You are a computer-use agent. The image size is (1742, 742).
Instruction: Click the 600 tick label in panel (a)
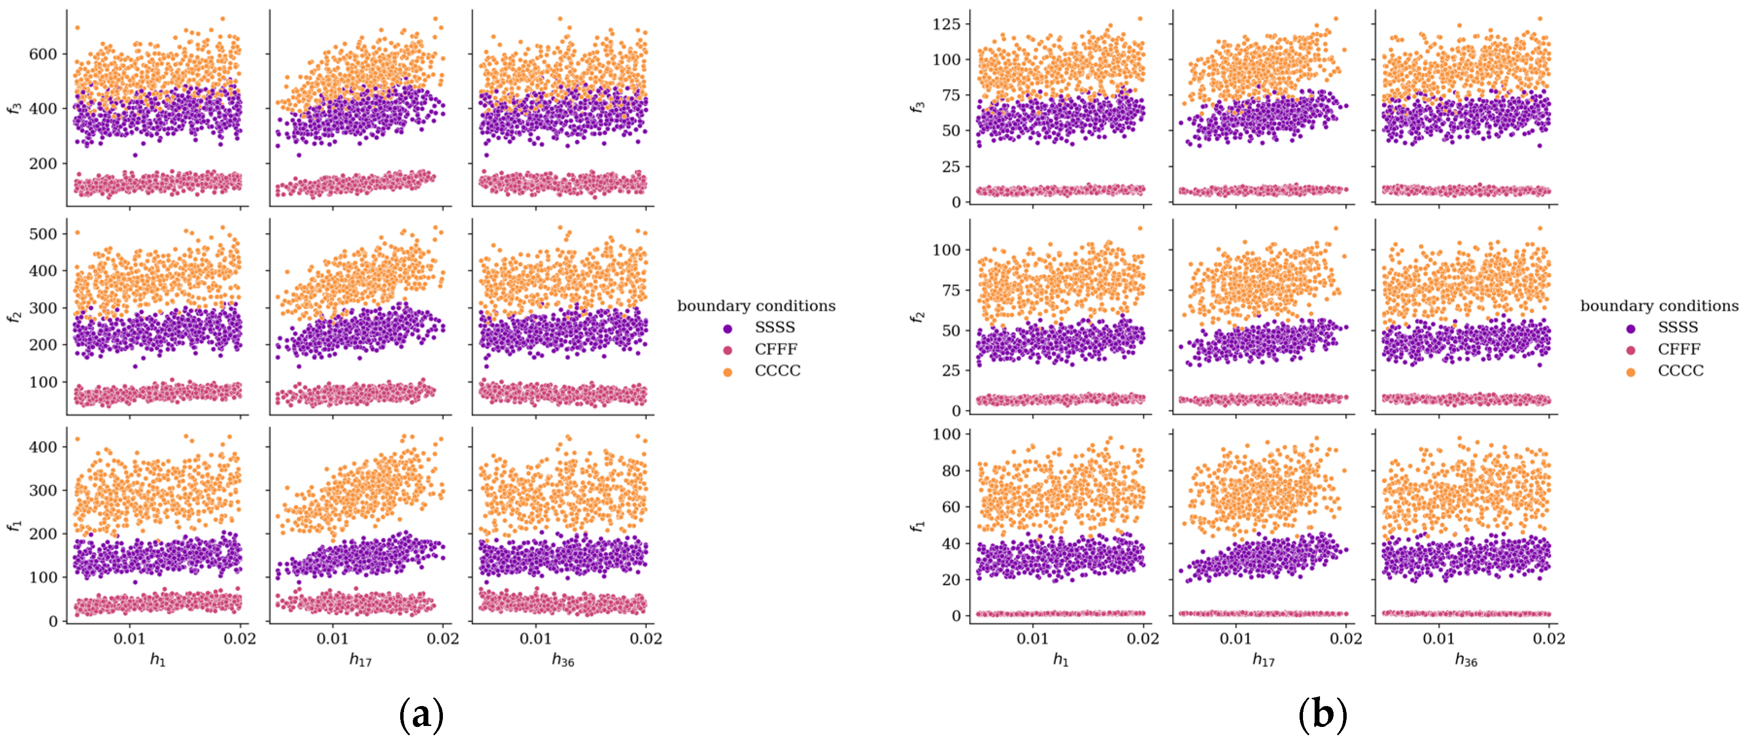(x=43, y=54)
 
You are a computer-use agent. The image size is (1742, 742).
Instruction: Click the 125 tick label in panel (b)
(x=946, y=24)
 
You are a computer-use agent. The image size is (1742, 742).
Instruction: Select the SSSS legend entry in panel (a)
(x=774, y=327)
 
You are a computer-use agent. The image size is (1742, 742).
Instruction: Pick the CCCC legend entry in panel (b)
(x=1680, y=371)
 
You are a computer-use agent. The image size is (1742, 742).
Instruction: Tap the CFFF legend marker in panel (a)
(x=727, y=350)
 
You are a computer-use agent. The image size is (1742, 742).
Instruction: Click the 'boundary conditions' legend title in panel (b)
(x=1659, y=306)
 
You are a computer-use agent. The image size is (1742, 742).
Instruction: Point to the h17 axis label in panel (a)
(x=360, y=659)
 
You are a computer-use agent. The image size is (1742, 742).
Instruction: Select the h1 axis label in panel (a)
(x=157, y=659)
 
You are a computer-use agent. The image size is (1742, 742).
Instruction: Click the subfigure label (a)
(x=422, y=715)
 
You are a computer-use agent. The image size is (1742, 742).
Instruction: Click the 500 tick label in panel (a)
(x=43, y=234)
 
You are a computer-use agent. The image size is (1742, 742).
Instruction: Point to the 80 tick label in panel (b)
(x=951, y=471)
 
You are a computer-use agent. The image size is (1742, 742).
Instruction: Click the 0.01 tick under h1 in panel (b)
(x=1032, y=639)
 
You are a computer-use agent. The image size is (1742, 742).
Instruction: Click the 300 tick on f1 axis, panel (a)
(x=43, y=490)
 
